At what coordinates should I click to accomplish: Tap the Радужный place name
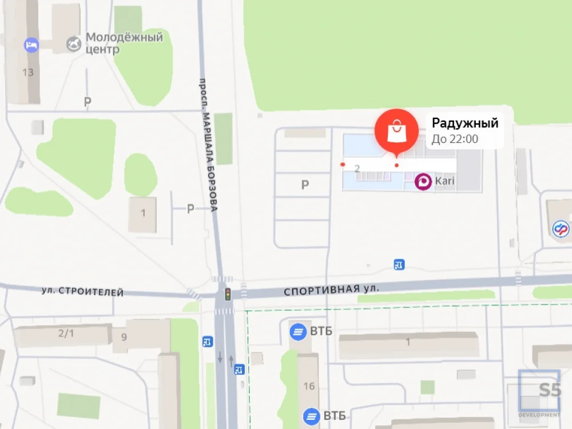pyautogui.click(x=465, y=123)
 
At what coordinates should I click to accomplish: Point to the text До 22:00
pyautogui.click(x=455, y=139)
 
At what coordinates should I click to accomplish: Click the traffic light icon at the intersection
pyautogui.click(x=227, y=294)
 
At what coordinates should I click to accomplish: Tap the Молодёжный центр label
pyautogui.click(x=124, y=43)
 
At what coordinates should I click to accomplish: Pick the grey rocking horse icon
pyautogui.click(x=74, y=43)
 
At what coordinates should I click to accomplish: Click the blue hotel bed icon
pyautogui.click(x=31, y=45)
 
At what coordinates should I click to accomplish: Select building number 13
pyautogui.click(x=27, y=73)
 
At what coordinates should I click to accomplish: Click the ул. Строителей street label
pyautogui.click(x=82, y=292)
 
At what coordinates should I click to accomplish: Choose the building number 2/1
pyautogui.click(x=66, y=332)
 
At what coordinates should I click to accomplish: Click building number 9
pyautogui.click(x=124, y=336)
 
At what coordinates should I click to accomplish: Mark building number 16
pyautogui.click(x=309, y=386)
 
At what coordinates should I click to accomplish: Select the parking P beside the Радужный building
pyautogui.click(x=305, y=184)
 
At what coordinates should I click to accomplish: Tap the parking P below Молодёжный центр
pyautogui.click(x=88, y=102)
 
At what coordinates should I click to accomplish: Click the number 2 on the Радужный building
pyautogui.click(x=357, y=169)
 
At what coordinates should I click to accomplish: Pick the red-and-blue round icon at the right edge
pyautogui.click(x=561, y=229)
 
